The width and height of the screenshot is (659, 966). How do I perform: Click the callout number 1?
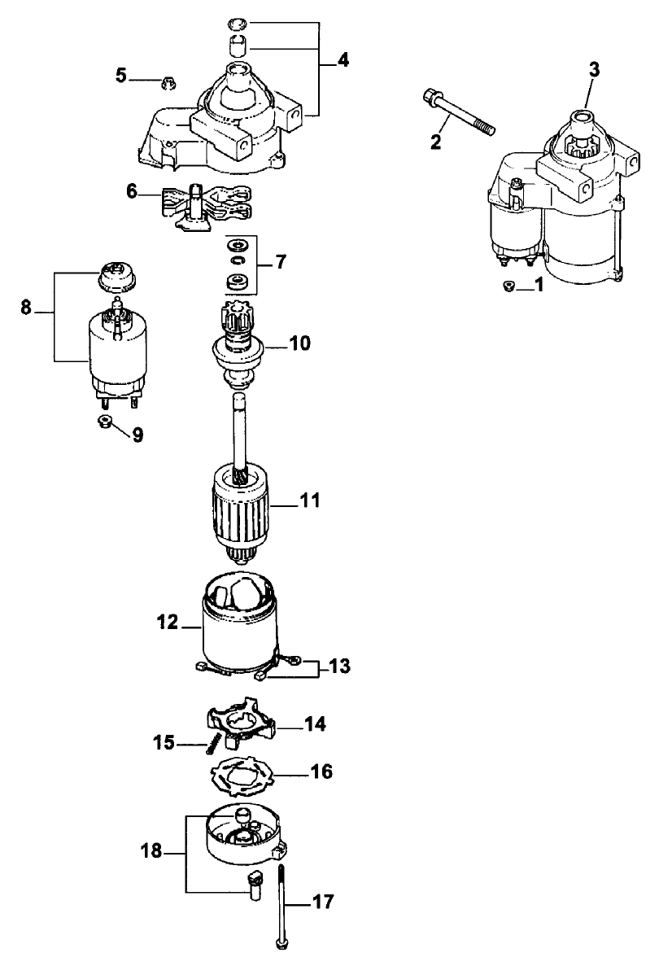tap(538, 286)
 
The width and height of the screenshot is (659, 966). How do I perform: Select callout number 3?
tap(594, 70)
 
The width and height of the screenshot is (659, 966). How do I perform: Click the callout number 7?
tap(281, 262)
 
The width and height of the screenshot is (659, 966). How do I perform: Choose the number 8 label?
tap(26, 308)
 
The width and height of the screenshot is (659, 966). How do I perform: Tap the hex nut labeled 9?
tap(105, 422)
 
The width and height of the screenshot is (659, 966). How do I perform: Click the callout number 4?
tap(344, 60)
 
